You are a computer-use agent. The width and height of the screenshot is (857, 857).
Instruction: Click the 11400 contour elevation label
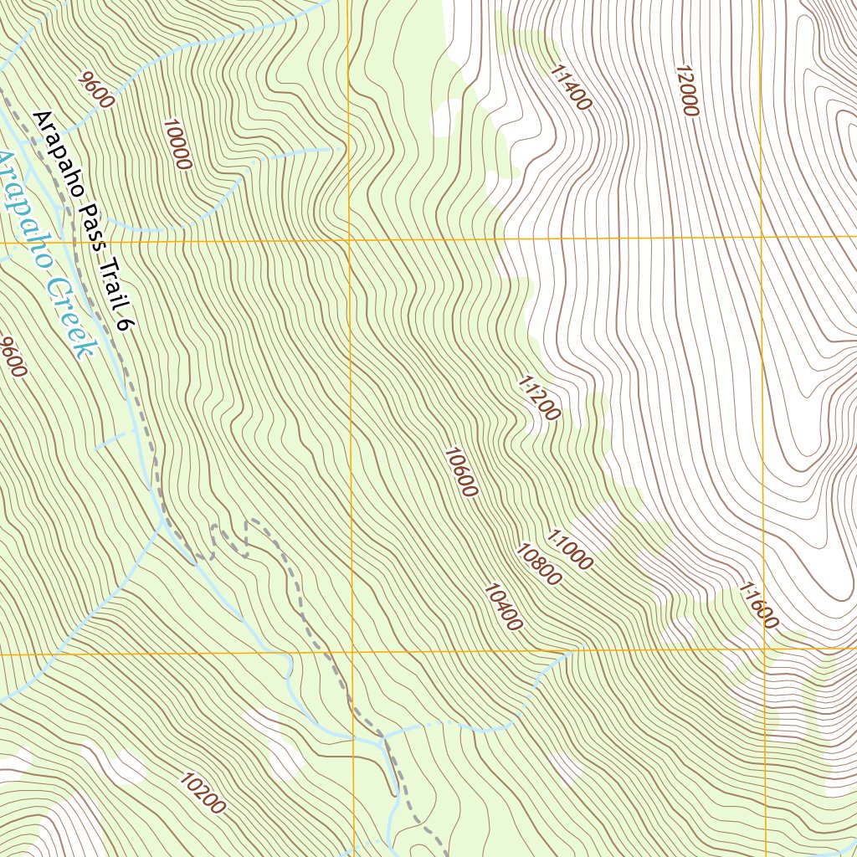(572, 88)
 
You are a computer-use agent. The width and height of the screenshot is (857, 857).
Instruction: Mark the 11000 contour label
(570, 550)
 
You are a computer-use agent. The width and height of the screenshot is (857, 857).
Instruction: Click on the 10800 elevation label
(538, 565)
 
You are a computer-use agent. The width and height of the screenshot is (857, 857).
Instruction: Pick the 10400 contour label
(503, 607)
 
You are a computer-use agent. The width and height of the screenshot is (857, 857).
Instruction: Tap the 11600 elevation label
(758, 606)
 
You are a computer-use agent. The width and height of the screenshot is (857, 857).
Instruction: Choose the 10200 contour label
(203, 793)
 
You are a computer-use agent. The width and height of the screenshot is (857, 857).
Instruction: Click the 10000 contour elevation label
(178, 144)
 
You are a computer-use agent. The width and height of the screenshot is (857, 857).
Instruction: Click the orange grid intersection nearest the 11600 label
(764, 649)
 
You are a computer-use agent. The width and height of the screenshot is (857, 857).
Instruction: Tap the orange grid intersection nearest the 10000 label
(348, 241)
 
